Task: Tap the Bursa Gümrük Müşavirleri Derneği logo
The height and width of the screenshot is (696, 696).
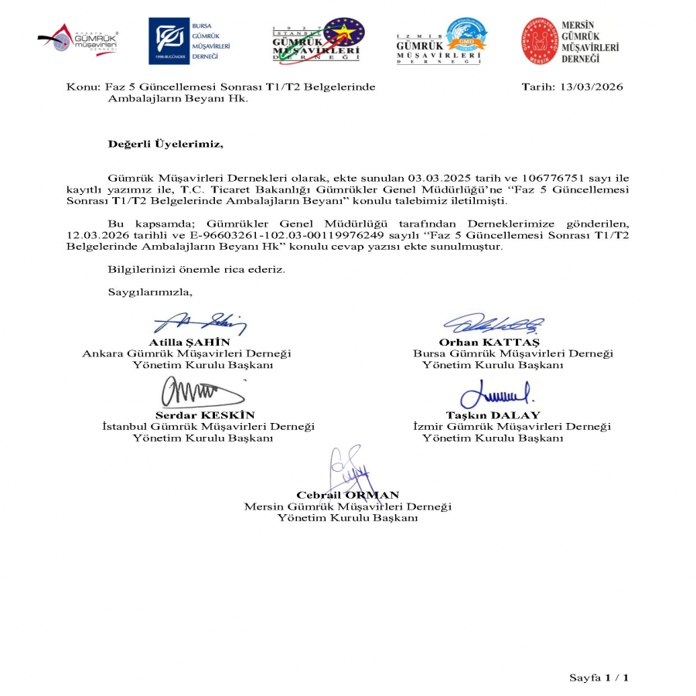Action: pyautogui.click(x=189, y=39)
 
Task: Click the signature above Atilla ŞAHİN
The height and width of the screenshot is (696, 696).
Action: pyautogui.click(x=199, y=323)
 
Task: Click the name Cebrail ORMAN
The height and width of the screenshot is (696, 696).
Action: pyautogui.click(x=347, y=495)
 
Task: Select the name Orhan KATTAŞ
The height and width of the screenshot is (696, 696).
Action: pyautogui.click(x=489, y=342)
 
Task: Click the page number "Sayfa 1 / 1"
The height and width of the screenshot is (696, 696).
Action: pyautogui.click(x=599, y=678)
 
